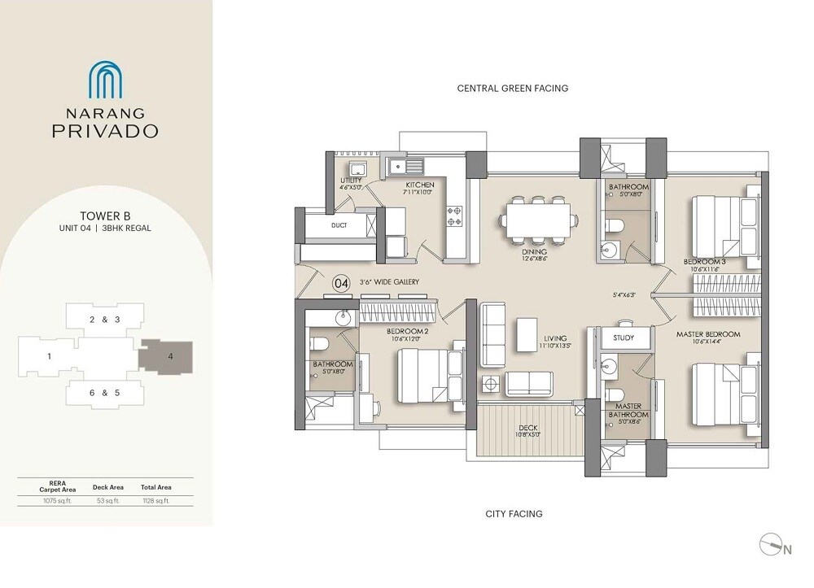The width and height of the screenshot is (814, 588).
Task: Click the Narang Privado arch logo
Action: (105, 79)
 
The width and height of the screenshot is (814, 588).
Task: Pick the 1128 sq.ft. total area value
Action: (155, 501)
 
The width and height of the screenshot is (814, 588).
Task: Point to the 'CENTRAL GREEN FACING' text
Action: (512, 88)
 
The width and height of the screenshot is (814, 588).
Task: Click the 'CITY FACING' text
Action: (514, 513)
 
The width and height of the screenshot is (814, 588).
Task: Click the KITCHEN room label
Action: (420, 185)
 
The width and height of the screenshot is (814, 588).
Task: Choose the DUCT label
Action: (339, 225)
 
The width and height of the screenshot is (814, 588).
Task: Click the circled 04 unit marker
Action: (342, 283)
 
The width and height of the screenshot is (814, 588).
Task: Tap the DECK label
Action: (527, 429)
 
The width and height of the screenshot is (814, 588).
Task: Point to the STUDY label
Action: (624, 338)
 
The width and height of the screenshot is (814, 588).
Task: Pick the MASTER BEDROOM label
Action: (708, 334)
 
